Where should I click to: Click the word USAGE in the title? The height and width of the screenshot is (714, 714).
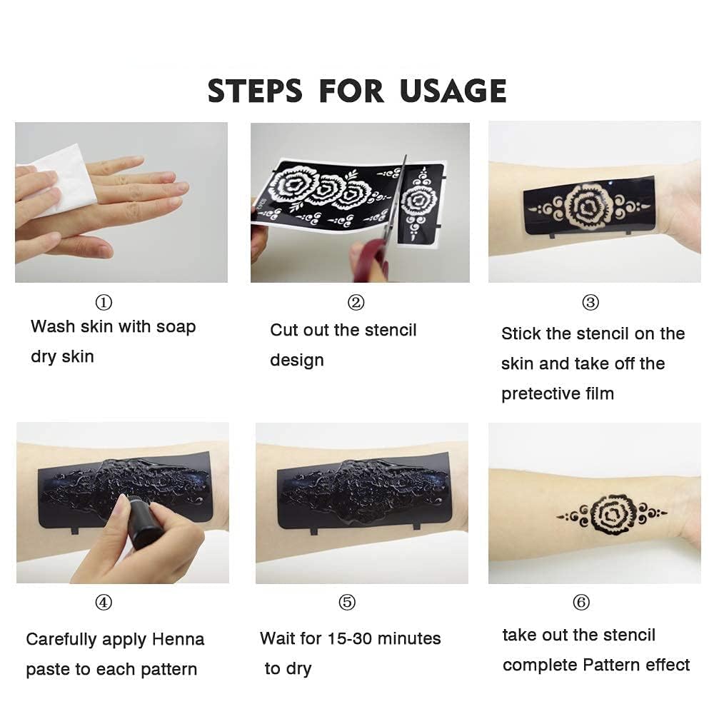click(x=453, y=91)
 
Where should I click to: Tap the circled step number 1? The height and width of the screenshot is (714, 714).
click(x=104, y=302)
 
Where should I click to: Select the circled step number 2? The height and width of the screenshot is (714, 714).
click(x=356, y=302)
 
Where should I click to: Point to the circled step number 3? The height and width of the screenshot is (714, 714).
click(x=590, y=302)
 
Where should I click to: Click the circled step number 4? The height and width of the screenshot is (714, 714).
click(x=104, y=603)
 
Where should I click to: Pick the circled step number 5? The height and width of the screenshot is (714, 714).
click(x=347, y=603)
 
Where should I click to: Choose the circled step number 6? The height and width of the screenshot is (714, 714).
click(x=581, y=603)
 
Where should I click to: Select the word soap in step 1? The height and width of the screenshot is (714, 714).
click(x=176, y=327)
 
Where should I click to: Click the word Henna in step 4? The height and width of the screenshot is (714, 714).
click(x=178, y=639)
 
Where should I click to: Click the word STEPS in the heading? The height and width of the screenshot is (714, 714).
click(x=255, y=91)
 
